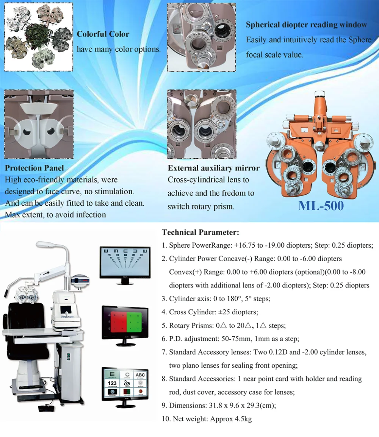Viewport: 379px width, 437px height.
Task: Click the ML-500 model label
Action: tap(321, 205)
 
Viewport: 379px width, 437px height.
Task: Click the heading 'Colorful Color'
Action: tap(103, 34)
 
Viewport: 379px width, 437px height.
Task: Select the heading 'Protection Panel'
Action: tap(34, 168)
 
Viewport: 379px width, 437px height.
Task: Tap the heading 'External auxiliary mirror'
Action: tap(214, 168)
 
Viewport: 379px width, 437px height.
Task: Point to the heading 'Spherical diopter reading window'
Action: tap(306, 25)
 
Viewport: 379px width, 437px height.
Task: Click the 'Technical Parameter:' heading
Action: tap(200, 232)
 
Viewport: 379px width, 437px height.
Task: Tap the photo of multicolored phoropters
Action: tap(38, 37)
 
